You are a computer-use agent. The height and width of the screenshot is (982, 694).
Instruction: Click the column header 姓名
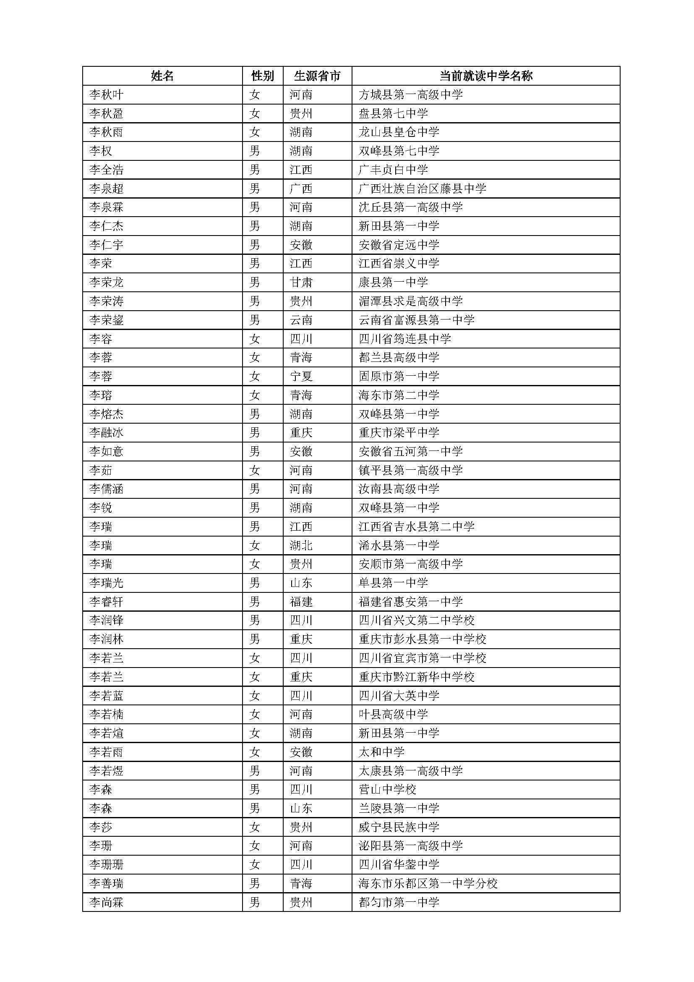pyautogui.click(x=162, y=76)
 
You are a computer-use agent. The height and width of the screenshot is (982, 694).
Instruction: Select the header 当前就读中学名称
pyautogui.click(x=486, y=76)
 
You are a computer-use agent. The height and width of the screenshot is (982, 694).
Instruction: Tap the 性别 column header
pyautogui.click(x=262, y=76)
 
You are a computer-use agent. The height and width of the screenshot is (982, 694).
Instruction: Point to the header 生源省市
pyautogui.click(x=317, y=76)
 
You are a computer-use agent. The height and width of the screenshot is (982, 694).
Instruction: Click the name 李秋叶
pyautogui.click(x=107, y=94)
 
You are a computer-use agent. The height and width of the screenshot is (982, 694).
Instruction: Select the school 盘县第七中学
pyautogui.click(x=393, y=113)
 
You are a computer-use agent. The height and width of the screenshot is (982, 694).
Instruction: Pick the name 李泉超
pyautogui.click(x=107, y=189)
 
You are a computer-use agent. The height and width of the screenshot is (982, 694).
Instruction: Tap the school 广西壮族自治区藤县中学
pyautogui.click(x=422, y=189)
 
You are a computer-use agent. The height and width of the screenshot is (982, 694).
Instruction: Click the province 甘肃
pyautogui.click(x=301, y=282)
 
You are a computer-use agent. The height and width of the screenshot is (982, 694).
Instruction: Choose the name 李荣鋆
pyautogui.click(x=107, y=320)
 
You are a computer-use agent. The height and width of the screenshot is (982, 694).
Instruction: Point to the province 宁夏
pyautogui.click(x=301, y=376)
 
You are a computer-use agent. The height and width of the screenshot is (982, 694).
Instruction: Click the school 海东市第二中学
pyautogui.click(x=399, y=395)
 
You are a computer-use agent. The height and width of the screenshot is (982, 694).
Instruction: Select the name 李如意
pyautogui.click(x=107, y=451)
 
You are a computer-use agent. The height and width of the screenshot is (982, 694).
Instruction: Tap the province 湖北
pyautogui.click(x=301, y=545)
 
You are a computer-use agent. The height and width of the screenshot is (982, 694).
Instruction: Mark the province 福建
pyautogui.click(x=301, y=602)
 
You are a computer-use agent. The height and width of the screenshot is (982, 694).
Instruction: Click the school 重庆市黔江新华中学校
pyautogui.click(x=417, y=677)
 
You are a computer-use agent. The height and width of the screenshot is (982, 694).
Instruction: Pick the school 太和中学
pyautogui.click(x=381, y=752)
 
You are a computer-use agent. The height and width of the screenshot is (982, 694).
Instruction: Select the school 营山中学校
pyautogui.click(x=388, y=790)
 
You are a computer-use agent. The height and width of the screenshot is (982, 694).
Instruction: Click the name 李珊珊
pyautogui.click(x=107, y=864)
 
